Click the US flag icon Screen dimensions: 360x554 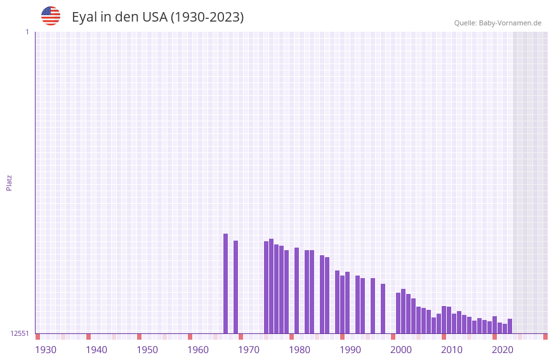pos(51,16)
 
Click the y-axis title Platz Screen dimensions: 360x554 pos(9,182)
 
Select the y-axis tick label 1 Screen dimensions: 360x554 pos(27,32)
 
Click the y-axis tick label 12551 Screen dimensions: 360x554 pos(19,333)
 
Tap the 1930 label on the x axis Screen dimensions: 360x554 pos(46,350)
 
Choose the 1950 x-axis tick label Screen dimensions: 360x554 pos(147,350)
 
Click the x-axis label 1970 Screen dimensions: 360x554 pos(249,350)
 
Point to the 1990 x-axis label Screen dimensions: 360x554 pos(350,350)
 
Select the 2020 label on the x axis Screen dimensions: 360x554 pos(503,350)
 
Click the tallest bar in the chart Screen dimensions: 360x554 pos(225,283)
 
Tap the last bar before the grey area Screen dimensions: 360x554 pos(510,326)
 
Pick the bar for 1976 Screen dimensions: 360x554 pos(281,290)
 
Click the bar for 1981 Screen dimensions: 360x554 pos(307,291)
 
